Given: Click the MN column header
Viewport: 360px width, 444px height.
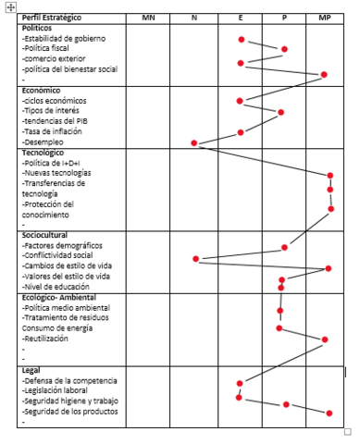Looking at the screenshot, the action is [147, 18].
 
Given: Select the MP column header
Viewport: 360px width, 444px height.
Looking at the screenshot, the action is [325, 18].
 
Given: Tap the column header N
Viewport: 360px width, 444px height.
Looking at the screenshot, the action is [193, 18].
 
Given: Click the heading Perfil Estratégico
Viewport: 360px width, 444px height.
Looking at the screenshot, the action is [52, 18].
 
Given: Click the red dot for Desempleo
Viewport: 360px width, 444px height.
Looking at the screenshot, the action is [194, 142].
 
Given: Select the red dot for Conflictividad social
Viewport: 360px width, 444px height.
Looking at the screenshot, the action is [195, 258].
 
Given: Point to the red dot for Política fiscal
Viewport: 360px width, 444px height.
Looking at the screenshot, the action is [284, 49].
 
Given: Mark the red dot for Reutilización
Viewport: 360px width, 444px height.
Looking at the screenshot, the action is [324, 339].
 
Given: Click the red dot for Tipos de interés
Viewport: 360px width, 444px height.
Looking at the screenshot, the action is [280, 112].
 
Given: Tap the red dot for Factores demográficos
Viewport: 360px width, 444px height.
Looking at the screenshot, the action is [284, 247].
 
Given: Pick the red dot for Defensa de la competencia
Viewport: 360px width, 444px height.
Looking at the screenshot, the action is [240, 382].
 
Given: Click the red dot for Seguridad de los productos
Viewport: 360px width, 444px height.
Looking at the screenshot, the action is [329, 413].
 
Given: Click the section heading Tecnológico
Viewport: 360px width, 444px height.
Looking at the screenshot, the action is [43, 153].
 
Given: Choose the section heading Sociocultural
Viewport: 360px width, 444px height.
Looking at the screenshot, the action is [44, 235].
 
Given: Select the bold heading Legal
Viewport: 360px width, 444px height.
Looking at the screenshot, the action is [31, 370].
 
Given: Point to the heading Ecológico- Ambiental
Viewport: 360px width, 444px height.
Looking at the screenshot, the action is [58, 297].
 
